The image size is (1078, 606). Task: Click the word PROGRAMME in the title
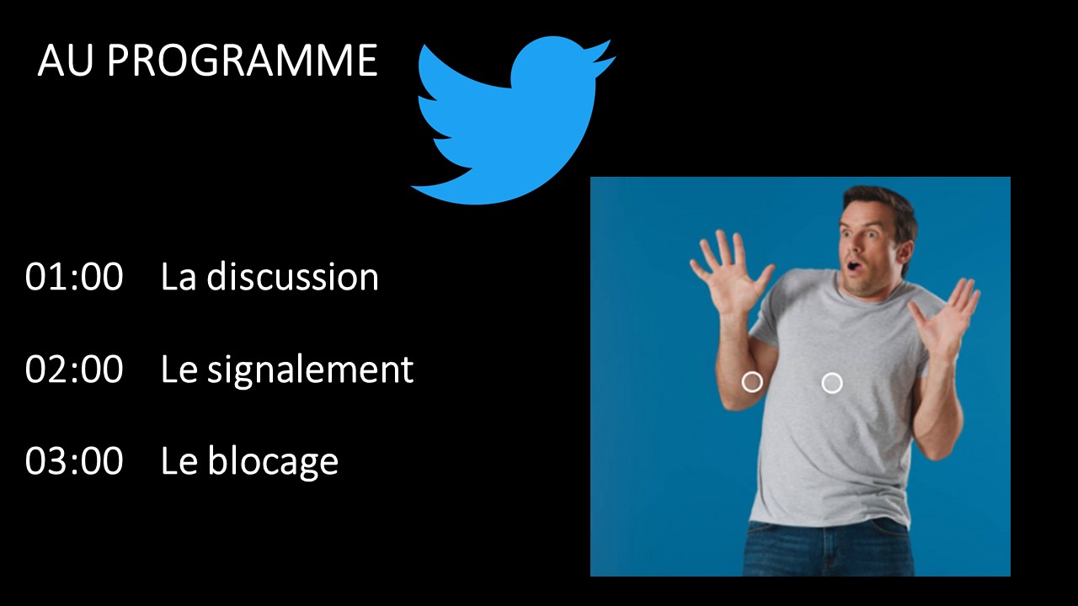[242, 61]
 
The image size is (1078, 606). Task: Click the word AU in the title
[65, 61]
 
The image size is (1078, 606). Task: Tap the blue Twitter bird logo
[513, 120]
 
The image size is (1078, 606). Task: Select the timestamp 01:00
[74, 277]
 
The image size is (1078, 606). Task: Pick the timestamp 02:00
[74, 369]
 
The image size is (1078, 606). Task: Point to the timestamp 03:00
[74, 460]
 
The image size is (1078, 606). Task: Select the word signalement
[311, 369]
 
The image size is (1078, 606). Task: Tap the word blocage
[273, 462]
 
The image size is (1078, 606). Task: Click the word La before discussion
[178, 277]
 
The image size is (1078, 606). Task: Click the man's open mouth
[853, 265]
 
